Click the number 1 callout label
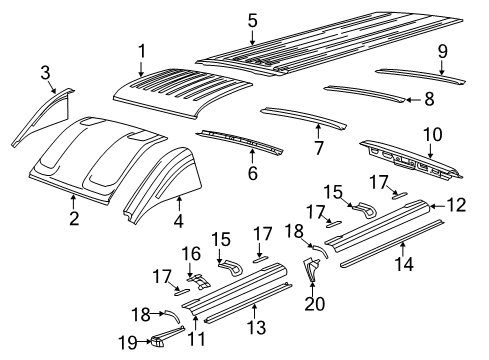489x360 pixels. click(x=141, y=51)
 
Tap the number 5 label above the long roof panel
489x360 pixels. click(x=252, y=20)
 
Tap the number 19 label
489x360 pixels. click(x=127, y=341)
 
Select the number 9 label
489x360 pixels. click(x=442, y=52)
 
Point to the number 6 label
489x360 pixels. click(x=252, y=174)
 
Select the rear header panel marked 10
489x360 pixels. click(x=410, y=162)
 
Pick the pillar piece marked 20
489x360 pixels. click(x=311, y=270)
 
